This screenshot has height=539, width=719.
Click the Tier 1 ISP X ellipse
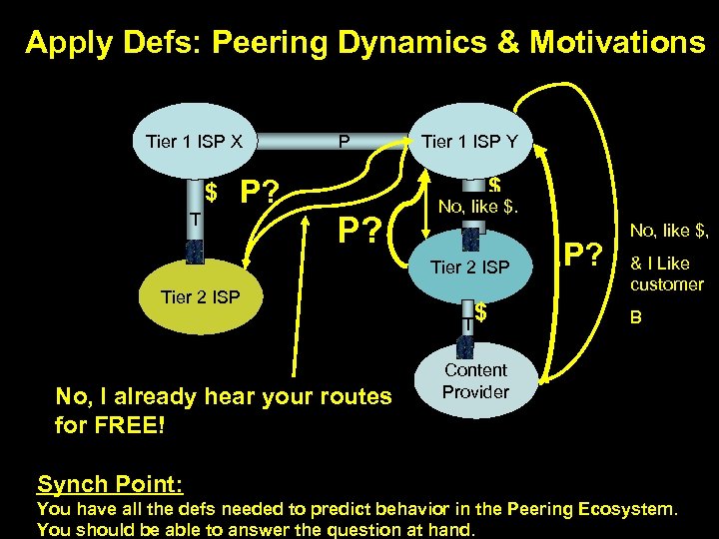194,141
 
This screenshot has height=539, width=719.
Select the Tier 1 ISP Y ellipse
470,141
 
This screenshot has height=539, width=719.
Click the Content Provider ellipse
475,380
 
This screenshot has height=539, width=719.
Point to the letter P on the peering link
344,141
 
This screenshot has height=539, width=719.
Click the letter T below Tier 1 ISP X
196,220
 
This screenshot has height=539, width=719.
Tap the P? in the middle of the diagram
360,232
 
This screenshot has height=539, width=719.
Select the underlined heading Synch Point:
110,485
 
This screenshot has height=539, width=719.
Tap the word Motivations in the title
618,42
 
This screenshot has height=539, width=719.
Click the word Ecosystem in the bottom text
622,510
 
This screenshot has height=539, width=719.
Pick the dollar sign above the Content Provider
480,313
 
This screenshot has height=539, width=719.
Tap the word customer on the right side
666,284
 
